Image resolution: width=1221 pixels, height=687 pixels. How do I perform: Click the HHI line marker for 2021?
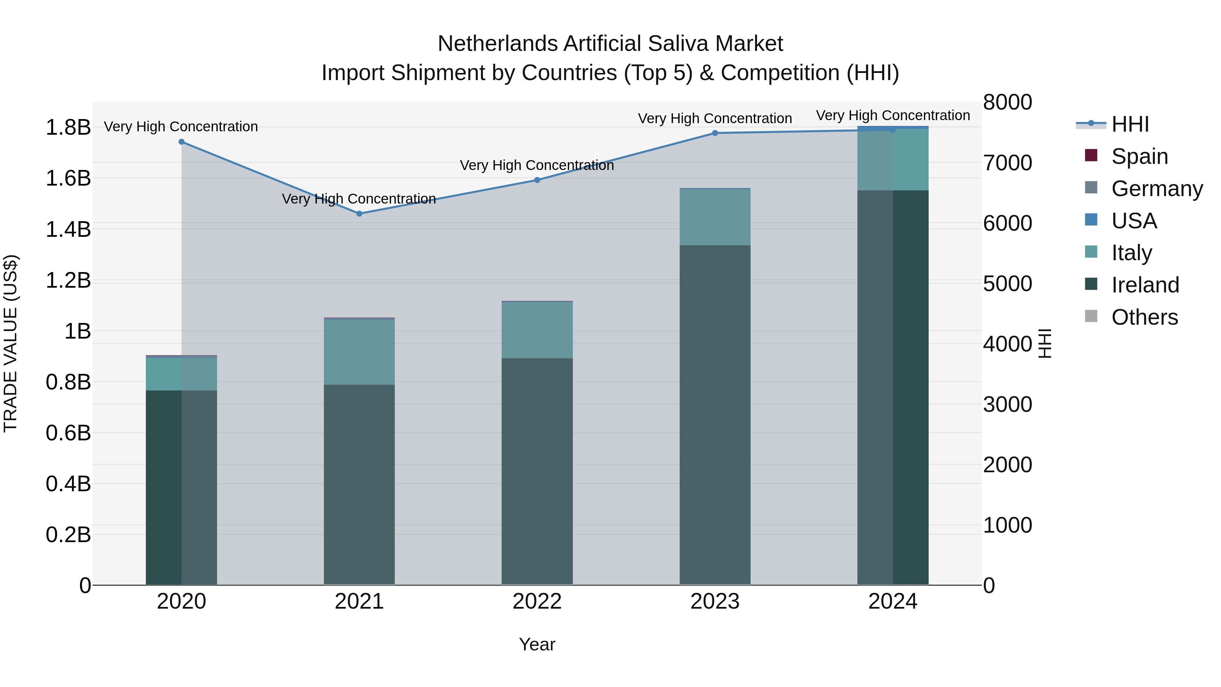(x=359, y=214)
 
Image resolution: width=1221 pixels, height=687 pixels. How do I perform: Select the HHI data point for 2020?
(x=181, y=142)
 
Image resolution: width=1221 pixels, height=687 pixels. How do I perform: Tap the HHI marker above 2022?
(x=537, y=180)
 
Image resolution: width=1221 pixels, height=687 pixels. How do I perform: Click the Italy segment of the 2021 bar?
(x=359, y=352)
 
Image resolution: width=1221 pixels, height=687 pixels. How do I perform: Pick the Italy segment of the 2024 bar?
(x=893, y=159)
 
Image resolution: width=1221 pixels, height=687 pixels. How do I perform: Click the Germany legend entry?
(x=1157, y=189)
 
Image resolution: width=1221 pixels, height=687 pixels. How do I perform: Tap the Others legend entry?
(x=1144, y=317)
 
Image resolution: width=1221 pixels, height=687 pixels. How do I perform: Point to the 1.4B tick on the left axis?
(x=68, y=229)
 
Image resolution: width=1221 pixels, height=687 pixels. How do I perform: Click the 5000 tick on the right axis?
(x=1007, y=284)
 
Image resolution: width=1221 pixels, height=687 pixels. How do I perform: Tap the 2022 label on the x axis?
(x=537, y=602)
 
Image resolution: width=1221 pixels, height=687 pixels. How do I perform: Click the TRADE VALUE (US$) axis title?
(x=11, y=343)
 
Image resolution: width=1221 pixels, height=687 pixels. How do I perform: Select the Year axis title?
(x=537, y=644)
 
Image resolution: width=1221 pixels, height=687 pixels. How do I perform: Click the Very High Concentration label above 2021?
(x=359, y=199)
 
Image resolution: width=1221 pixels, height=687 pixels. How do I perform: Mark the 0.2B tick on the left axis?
(x=68, y=535)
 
